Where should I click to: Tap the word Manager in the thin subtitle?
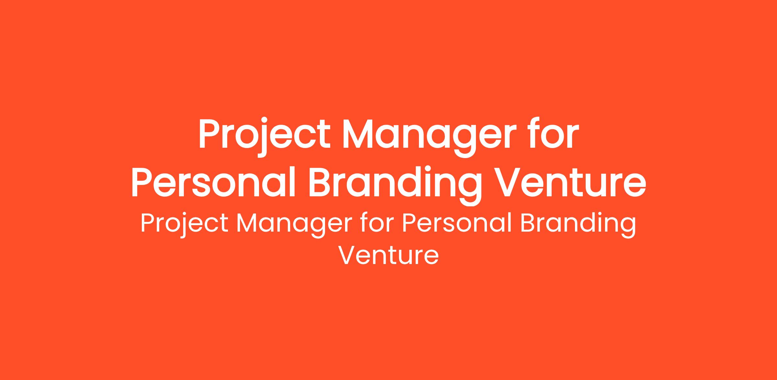coord(294,226)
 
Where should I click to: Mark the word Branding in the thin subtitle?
coord(578,226)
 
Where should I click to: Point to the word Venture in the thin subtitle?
coord(388,256)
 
